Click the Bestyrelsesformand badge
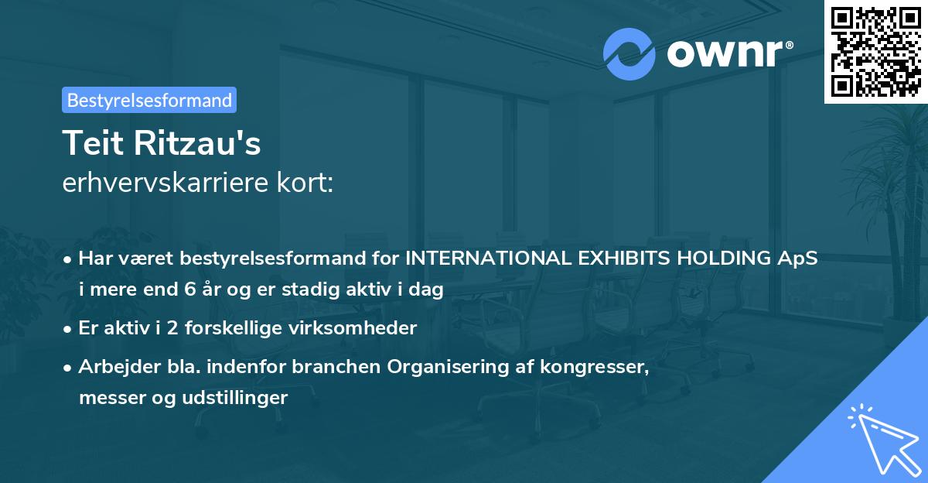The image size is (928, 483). click(149, 100)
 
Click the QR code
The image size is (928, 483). click(876, 52)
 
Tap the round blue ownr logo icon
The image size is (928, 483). click(629, 53)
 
